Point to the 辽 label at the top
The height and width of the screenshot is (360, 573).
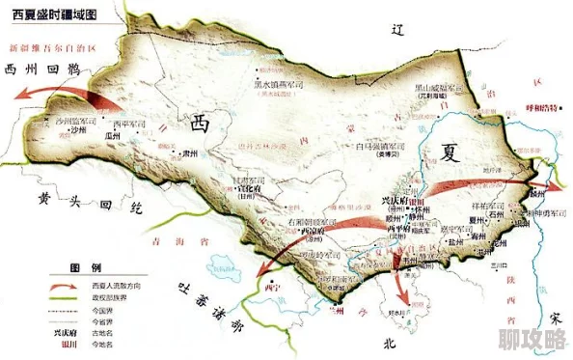pos(396,31)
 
